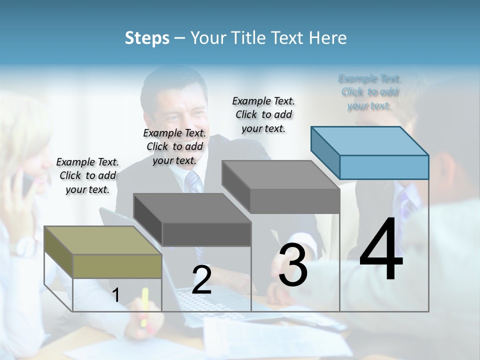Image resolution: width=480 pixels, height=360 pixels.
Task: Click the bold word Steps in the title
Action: [x=146, y=38]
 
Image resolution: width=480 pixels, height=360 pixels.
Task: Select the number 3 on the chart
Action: [x=293, y=265]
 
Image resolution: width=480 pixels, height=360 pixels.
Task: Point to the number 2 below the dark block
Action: [x=201, y=280]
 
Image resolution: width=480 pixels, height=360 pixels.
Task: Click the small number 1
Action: [x=115, y=295]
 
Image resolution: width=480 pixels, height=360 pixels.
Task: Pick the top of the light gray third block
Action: [x=280, y=175]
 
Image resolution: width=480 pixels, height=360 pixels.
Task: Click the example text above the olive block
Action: [x=88, y=175]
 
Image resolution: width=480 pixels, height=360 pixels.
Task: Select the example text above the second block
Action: [x=174, y=146]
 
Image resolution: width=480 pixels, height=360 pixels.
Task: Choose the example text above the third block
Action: [x=263, y=114]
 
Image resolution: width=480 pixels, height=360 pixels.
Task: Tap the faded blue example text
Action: [x=369, y=92]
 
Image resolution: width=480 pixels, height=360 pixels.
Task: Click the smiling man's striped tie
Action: [x=192, y=182]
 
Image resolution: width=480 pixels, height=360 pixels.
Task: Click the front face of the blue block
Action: [x=384, y=167]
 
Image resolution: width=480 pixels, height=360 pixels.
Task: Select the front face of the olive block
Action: [x=117, y=266]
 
